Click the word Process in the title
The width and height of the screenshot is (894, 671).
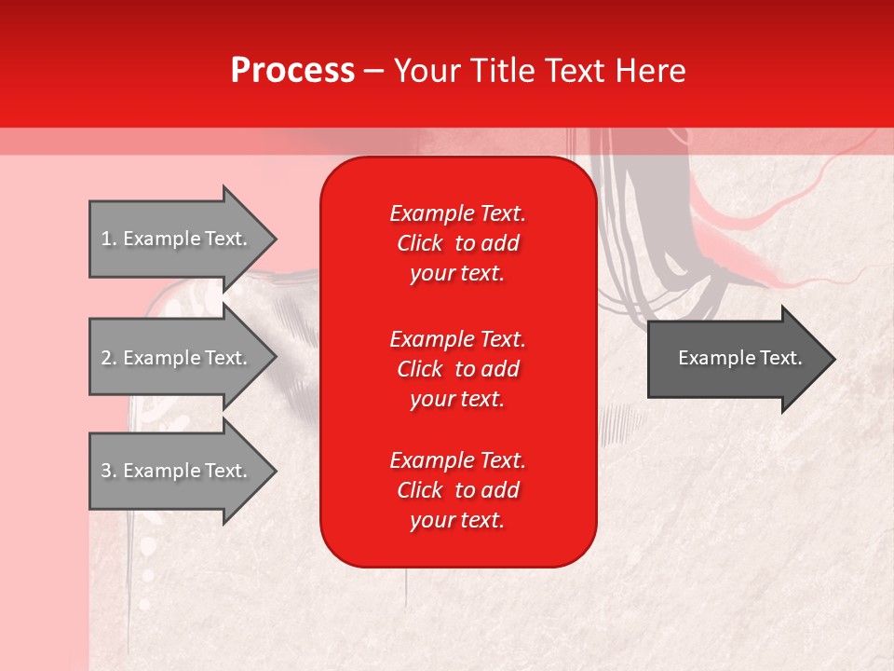[x=292, y=71]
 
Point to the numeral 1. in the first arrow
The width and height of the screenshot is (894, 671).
[x=108, y=239]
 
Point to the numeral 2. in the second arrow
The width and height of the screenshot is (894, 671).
[x=108, y=358]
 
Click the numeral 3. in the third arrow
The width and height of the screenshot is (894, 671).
[x=108, y=471]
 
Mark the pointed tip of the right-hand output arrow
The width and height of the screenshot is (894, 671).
[x=832, y=358]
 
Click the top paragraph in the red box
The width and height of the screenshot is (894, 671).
[x=457, y=243]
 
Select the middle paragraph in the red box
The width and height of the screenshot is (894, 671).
[x=457, y=368]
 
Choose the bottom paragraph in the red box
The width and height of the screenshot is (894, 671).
[x=457, y=490]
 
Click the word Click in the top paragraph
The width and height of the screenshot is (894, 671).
[x=419, y=243]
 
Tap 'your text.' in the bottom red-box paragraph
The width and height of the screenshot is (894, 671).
[x=457, y=521]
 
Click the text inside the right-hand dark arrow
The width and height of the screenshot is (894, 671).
[x=739, y=358]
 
